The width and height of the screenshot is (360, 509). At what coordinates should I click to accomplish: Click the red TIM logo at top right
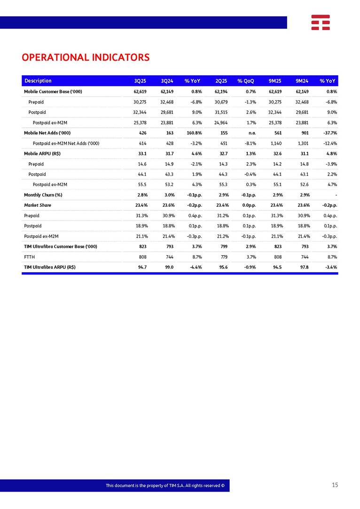point(320,22)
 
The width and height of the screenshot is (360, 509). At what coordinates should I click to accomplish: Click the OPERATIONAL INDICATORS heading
point(86,57)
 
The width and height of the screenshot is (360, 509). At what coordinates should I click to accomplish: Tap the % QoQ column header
point(245,81)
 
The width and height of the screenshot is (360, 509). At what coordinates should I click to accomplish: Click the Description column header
point(38,81)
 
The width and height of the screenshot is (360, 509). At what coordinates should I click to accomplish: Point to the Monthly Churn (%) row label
point(43,195)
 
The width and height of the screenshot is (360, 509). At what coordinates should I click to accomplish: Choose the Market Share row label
point(38,205)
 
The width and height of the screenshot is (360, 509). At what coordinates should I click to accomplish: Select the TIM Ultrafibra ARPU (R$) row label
point(50,267)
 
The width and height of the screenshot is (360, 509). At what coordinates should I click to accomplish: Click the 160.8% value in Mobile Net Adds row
point(194,133)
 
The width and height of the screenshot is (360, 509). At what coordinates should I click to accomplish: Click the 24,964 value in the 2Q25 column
point(221,123)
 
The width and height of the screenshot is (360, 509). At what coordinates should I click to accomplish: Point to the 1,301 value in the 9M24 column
point(302,143)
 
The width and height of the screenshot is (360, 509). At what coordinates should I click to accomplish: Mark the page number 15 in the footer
point(335,485)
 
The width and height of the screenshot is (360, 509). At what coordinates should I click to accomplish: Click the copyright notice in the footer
point(167,486)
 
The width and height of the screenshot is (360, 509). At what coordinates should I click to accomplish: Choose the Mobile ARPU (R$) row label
point(42,154)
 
